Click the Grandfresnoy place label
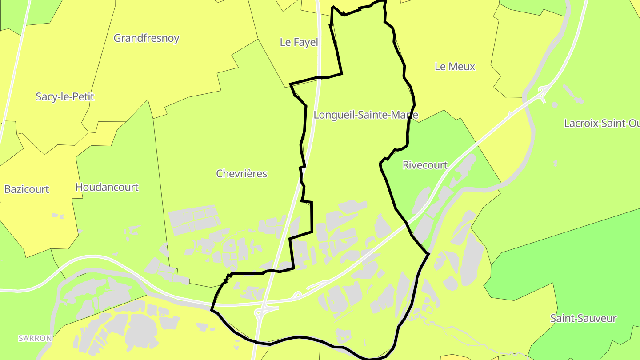(146, 38)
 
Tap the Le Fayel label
(299, 42)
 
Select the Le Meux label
(455, 67)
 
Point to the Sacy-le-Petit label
(65, 96)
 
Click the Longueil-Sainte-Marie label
(365, 115)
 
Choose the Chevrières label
(241, 173)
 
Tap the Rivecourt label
(424, 165)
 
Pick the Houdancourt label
(107, 187)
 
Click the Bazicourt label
(27, 189)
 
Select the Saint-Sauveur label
(583, 318)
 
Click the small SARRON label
(35, 338)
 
